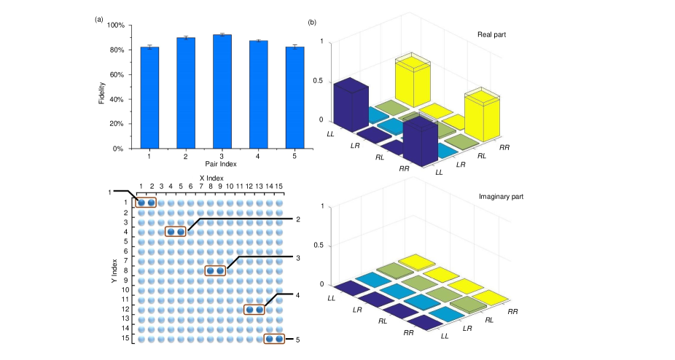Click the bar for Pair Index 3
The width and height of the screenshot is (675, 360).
[222, 92]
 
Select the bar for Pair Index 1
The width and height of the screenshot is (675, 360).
[149, 98]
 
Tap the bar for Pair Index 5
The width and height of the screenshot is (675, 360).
[294, 98]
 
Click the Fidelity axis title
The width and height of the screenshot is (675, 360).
[102, 87]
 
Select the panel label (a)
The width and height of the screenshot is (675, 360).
[99, 20]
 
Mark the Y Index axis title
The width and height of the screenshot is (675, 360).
[115, 270]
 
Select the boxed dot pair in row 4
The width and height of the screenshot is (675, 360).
[176, 232]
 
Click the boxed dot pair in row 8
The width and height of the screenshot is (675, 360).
[215, 271]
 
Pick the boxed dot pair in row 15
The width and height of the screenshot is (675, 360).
[274, 339]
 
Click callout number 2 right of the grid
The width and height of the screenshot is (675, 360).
[298, 219]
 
